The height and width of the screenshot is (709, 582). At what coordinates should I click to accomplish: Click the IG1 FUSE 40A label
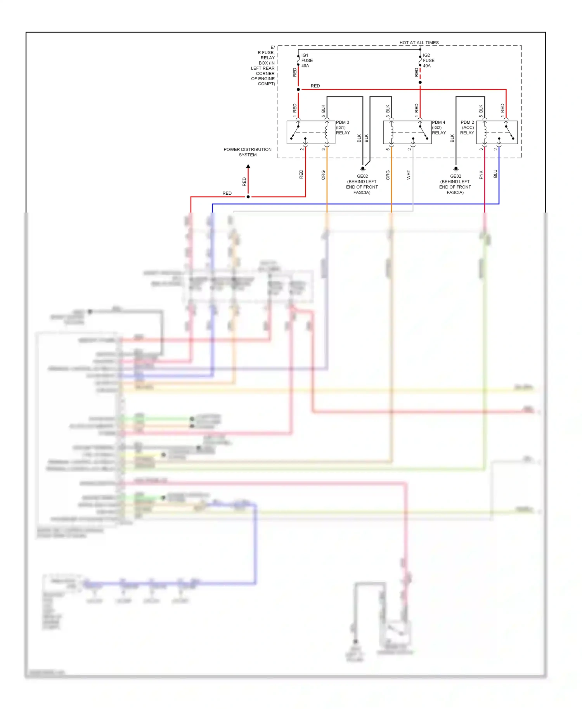point(307,61)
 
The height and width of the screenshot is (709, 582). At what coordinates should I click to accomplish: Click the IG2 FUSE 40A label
point(428,61)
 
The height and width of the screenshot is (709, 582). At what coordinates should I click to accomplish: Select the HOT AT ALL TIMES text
point(419,43)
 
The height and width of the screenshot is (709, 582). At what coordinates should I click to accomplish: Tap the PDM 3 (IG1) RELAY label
point(343,128)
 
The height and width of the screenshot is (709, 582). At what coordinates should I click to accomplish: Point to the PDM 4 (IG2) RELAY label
point(438,128)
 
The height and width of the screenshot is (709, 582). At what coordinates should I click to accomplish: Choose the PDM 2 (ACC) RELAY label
point(467,128)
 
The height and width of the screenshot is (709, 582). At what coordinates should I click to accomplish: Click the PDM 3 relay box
point(310,133)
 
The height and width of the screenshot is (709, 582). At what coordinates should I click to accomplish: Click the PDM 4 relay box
point(407,133)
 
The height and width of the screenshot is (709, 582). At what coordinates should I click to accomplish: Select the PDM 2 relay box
point(497,133)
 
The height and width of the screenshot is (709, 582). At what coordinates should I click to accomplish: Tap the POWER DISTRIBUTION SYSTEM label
point(248,152)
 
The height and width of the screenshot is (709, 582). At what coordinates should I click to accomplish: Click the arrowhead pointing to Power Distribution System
point(248,167)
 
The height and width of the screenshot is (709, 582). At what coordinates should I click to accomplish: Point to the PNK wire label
point(481,175)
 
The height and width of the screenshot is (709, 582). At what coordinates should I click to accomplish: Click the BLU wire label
point(495,174)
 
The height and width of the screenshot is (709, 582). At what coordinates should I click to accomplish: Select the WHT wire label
point(409,175)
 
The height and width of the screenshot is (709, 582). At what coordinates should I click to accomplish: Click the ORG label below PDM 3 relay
point(323,175)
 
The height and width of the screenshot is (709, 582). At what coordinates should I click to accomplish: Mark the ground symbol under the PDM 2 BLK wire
point(456,169)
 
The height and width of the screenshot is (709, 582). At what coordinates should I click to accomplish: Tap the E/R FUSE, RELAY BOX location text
point(263,66)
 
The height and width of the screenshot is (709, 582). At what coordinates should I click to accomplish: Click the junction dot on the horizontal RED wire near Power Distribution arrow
point(248,197)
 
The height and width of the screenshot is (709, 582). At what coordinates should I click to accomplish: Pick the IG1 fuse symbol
point(298,61)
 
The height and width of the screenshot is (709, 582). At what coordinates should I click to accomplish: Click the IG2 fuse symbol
point(420,61)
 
